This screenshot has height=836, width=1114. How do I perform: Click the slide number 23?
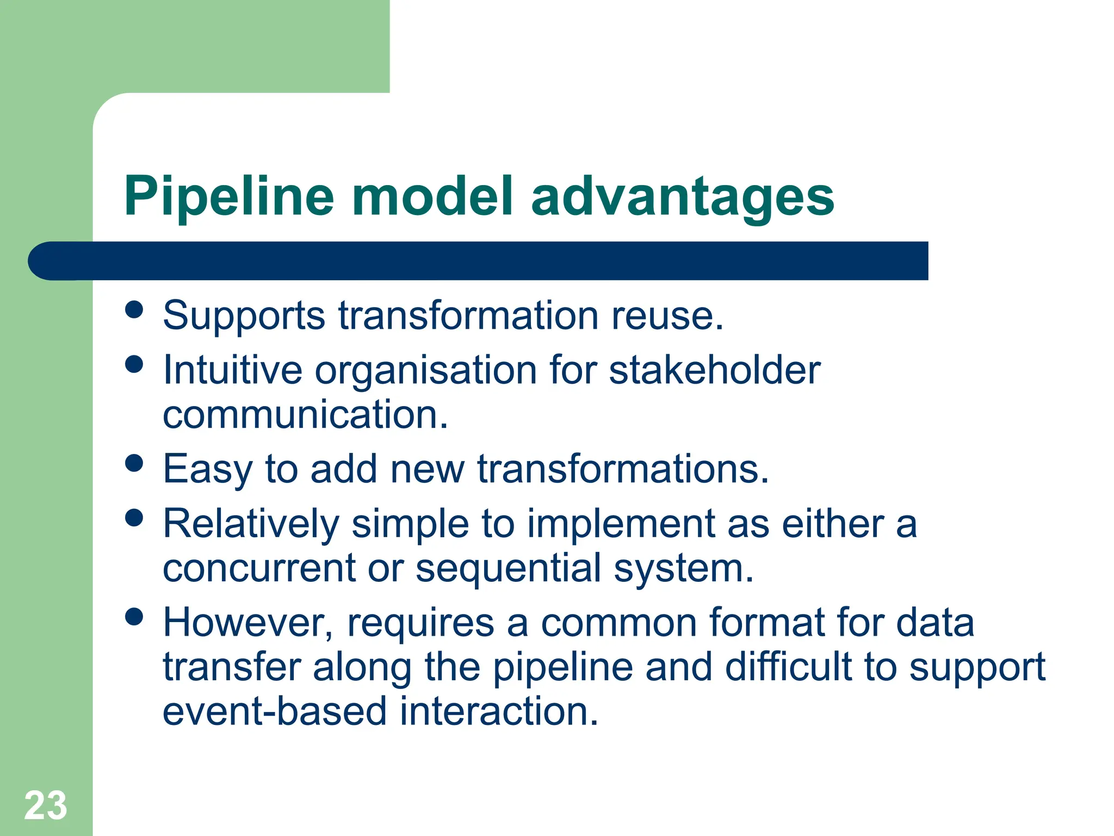[46, 806]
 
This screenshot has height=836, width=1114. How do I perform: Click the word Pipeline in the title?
[228, 197]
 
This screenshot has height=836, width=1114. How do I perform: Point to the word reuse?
[667, 316]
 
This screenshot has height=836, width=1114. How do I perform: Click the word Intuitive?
[232, 370]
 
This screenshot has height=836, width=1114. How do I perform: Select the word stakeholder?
[714, 370]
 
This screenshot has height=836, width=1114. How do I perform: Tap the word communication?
[305, 415]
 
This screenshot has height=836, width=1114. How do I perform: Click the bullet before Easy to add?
[134, 463]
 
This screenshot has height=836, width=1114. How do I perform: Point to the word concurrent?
[259, 568]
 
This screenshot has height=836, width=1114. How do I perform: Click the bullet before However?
[134, 617]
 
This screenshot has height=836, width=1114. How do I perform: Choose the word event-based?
[275, 711]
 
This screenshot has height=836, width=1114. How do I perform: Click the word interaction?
[499, 711]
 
